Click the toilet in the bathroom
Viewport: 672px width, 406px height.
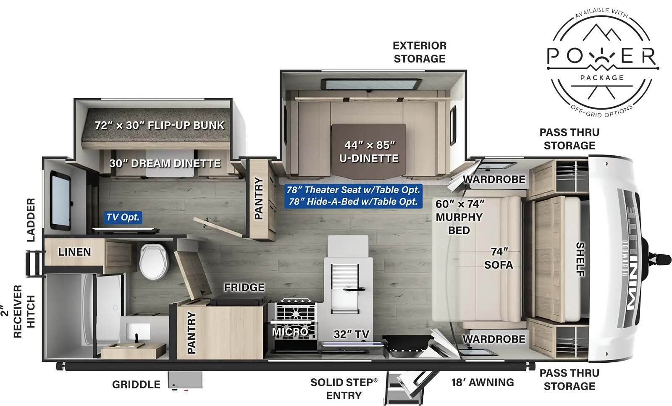pyautogui.click(x=154, y=262)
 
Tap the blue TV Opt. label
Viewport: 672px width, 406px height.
pyautogui.click(x=123, y=217)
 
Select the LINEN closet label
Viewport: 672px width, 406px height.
pyautogui.click(x=74, y=252)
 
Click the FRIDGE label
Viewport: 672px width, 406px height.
pyautogui.click(x=244, y=288)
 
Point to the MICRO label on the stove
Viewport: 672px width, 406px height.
pyautogui.click(x=290, y=332)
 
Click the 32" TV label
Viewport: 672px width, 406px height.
pyautogui.click(x=351, y=334)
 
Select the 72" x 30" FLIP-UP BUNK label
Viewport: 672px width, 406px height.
pyautogui.click(x=160, y=125)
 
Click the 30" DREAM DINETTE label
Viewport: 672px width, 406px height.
pyautogui.click(x=165, y=163)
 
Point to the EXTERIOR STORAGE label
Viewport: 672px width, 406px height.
pyautogui.click(x=419, y=52)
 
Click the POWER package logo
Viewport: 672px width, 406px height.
pyautogui.click(x=602, y=62)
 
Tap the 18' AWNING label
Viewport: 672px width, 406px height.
pyautogui.click(x=483, y=382)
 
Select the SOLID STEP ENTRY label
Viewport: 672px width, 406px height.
pyautogui.click(x=344, y=389)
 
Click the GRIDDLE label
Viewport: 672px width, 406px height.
pyautogui.click(x=136, y=385)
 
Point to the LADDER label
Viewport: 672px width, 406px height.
pyautogui.click(x=31, y=220)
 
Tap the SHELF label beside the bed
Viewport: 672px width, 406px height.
pyautogui.click(x=580, y=259)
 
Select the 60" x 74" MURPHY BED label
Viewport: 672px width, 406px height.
pyautogui.click(x=459, y=217)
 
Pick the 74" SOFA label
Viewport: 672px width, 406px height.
pyautogui.click(x=499, y=258)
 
